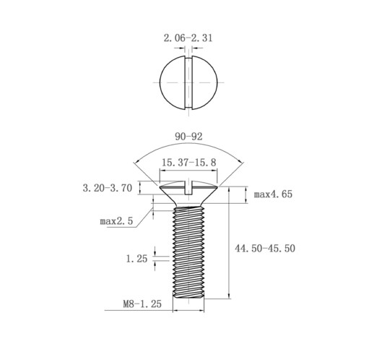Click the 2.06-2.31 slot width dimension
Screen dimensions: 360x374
point(188,37)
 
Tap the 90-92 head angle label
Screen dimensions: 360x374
point(188,135)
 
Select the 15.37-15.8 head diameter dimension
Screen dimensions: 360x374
point(189,163)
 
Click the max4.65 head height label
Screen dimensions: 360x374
point(274,194)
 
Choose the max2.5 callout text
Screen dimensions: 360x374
point(116,220)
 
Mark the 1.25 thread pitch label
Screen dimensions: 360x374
point(136,257)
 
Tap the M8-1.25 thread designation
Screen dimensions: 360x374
point(142,305)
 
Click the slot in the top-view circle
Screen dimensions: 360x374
point(188,84)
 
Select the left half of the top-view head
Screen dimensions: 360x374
point(172,84)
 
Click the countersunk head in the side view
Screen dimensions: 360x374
point(189,194)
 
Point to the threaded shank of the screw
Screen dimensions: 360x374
point(189,253)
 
